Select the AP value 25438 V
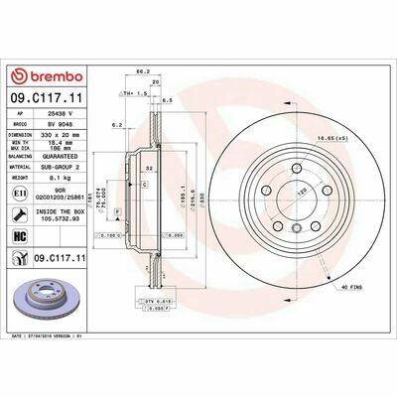click(63, 115)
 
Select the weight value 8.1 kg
click(56, 179)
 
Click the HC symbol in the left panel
click(20, 236)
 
